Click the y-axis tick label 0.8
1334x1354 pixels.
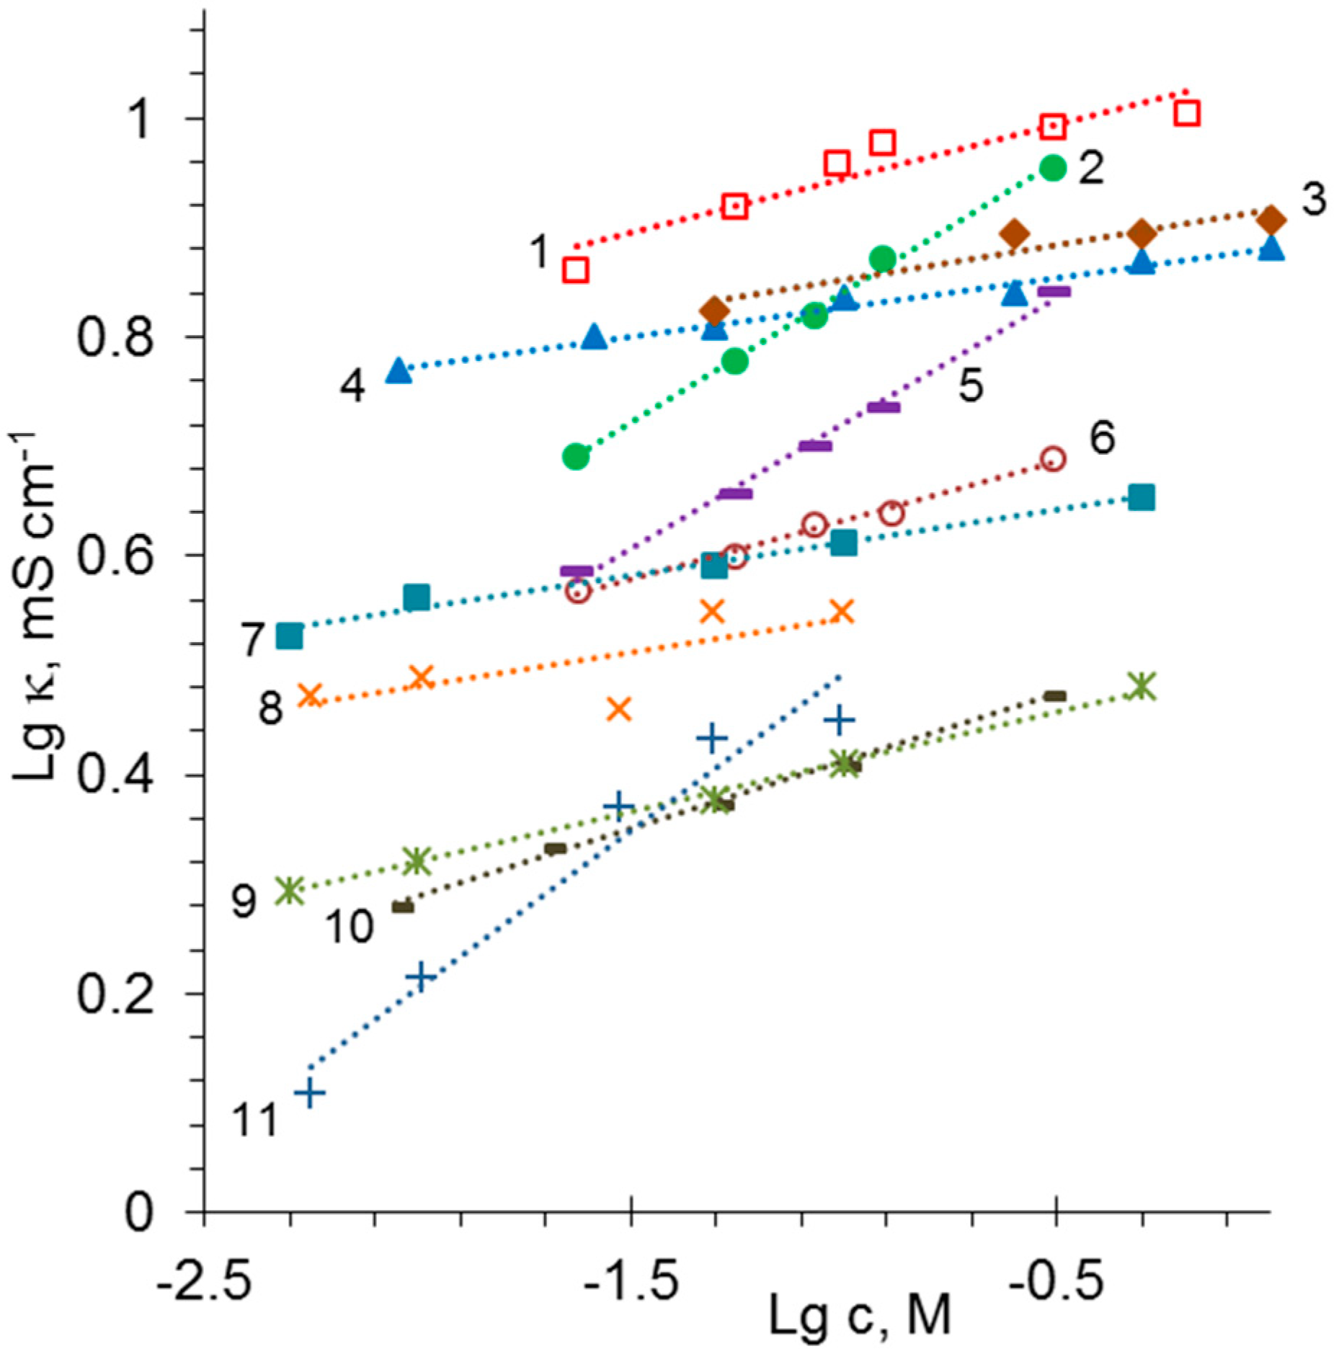click(x=115, y=337)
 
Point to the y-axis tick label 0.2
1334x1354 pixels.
click(x=115, y=995)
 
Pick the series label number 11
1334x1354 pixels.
click(x=254, y=1121)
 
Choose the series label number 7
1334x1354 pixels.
click(x=252, y=639)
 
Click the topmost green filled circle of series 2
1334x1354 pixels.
click(x=1053, y=168)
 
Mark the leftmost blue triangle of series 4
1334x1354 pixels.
click(x=399, y=370)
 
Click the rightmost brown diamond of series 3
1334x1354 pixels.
click(x=1271, y=219)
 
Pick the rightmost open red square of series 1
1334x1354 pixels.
click(x=1186, y=113)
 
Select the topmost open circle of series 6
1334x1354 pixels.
click(x=1053, y=458)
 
